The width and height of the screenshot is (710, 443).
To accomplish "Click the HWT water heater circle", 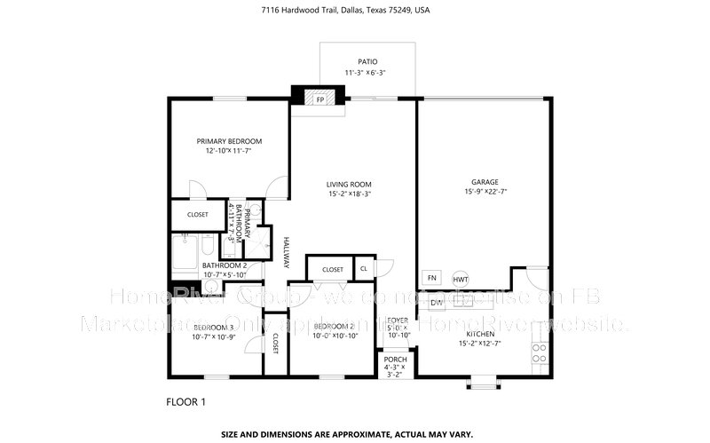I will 461,279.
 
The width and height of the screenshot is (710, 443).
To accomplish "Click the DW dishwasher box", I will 436,303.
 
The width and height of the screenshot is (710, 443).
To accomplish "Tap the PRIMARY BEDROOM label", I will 229,141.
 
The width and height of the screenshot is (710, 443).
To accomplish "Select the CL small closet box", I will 364,269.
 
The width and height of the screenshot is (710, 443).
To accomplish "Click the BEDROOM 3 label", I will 213,328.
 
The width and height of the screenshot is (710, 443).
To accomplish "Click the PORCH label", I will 395,359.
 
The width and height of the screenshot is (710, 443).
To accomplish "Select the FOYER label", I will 397,320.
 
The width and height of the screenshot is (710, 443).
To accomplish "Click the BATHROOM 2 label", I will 224,265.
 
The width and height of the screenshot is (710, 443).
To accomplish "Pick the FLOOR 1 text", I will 185,402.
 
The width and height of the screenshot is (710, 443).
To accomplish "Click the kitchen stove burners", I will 538,352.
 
